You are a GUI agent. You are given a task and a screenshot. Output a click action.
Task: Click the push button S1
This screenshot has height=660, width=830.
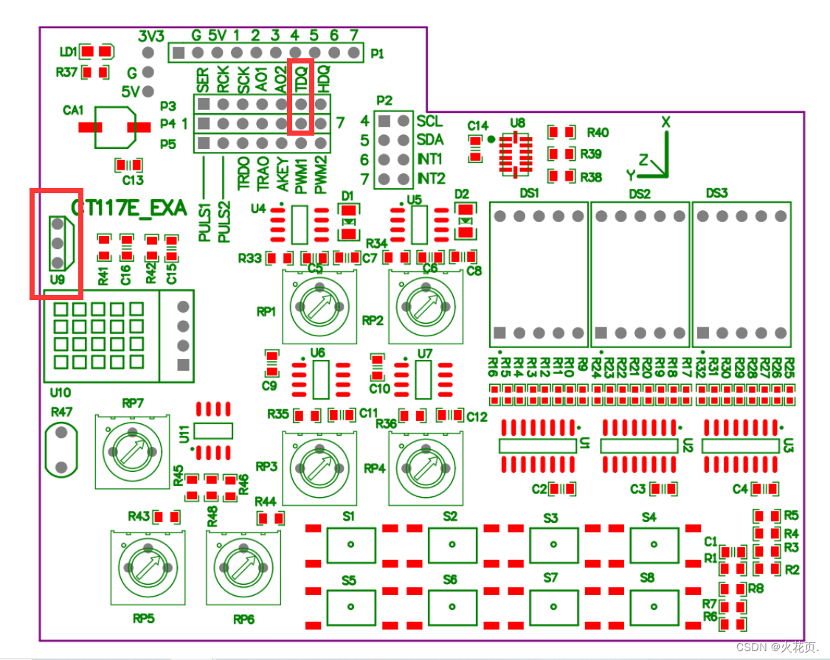pyautogui.click(x=350, y=545)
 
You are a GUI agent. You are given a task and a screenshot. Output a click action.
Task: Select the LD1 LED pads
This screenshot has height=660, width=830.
pyautogui.click(x=96, y=51)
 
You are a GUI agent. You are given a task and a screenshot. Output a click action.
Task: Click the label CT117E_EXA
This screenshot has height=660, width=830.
pyautogui.click(x=127, y=208)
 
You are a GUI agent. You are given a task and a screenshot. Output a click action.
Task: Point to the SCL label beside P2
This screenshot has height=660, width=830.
pyautogui.click(x=430, y=121)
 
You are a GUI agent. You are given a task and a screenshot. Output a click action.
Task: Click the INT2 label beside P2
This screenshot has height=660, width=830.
pyautogui.click(x=432, y=178)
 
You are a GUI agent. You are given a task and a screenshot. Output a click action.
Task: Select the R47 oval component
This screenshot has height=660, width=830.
pyautogui.click(x=61, y=449)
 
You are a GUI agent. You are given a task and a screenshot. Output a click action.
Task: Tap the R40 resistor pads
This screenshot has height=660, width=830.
pyautogui.click(x=561, y=132)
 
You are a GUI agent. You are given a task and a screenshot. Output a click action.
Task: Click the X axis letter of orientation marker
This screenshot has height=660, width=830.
pyautogui.click(x=665, y=122)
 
